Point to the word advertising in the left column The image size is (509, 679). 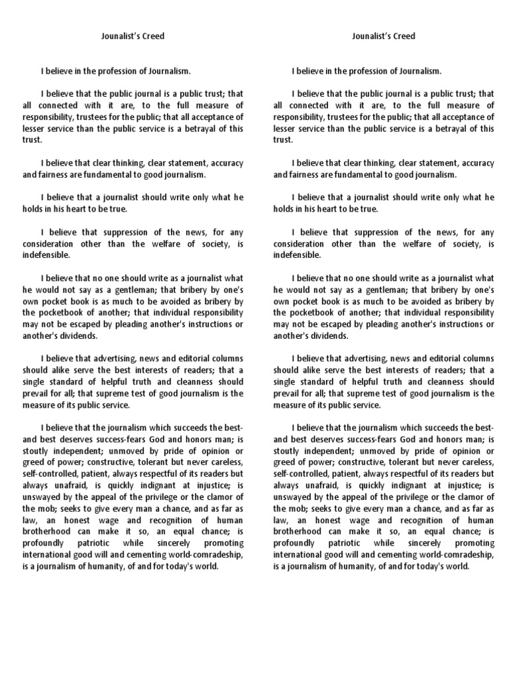pyautogui.click(x=121, y=359)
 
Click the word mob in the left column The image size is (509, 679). pyautogui.click(x=67, y=509)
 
